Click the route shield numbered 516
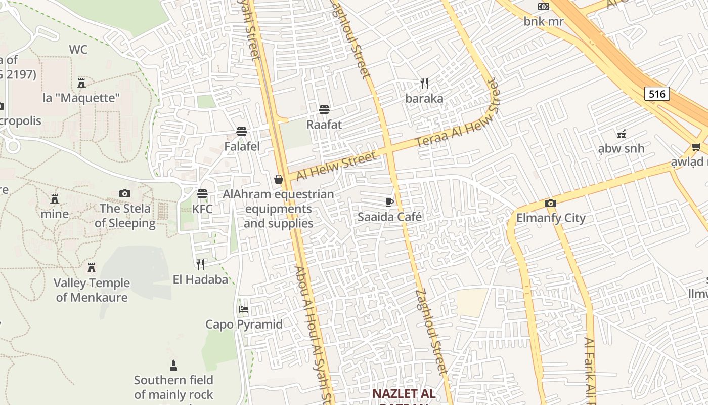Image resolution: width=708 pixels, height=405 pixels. [x=657, y=94]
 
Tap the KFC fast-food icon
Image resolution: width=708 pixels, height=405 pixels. [x=202, y=194]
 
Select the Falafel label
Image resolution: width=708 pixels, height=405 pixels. [x=242, y=147]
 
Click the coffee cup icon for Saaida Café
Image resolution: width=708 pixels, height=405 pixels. [x=389, y=202]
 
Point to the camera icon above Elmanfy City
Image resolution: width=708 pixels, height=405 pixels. [x=551, y=204]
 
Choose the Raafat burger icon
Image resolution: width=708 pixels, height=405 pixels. [x=324, y=110]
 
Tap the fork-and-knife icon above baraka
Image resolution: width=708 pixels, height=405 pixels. [x=424, y=84]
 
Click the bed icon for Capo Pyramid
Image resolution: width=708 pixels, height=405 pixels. [x=244, y=309]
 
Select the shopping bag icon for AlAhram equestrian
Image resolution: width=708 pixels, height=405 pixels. [x=278, y=179]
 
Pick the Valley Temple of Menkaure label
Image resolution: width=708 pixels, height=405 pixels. [x=92, y=290]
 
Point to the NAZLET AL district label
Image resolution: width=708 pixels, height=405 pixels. [x=404, y=394]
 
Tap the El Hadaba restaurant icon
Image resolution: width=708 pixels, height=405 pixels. [x=200, y=264]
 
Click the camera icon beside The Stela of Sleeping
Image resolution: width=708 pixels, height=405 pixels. [x=125, y=193]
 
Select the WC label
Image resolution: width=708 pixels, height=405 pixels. [x=78, y=50]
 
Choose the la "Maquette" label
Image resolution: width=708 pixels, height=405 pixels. [x=81, y=98]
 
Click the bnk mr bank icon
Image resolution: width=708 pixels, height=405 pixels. [x=544, y=7]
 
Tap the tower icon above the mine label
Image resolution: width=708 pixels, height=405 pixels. [x=55, y=198]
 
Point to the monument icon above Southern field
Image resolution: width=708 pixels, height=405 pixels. [x=173, y=365]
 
